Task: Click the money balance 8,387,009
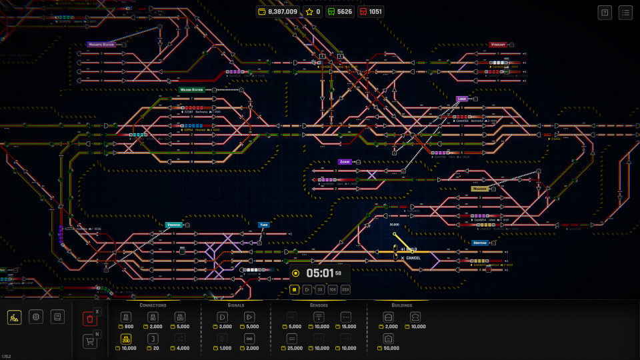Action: tap(278, 11)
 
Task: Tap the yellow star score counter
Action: tap(313, 11)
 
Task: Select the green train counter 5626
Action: tap(339, 11)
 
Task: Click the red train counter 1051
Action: tap(371, 11)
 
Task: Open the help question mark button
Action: tap(605, 12)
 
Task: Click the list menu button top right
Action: tap(625, 12)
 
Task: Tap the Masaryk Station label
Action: tap(101, 45)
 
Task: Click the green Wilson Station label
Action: tap(192, 89)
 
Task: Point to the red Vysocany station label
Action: tap(497, 45)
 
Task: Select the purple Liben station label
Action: tap(462, 99)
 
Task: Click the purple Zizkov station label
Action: tap(345, 161)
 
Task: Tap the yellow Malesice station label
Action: tap(480, 189)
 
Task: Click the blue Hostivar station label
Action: tap(480, 243)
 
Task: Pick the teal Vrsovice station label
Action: tap(173, 225)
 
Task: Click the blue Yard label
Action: tap(264, 225)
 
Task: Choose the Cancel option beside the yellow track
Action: tap(413, 258)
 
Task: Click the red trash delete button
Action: tap(89, 319)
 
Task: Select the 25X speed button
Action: tap(345, 289)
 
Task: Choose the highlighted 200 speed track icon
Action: tap(125, 339)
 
